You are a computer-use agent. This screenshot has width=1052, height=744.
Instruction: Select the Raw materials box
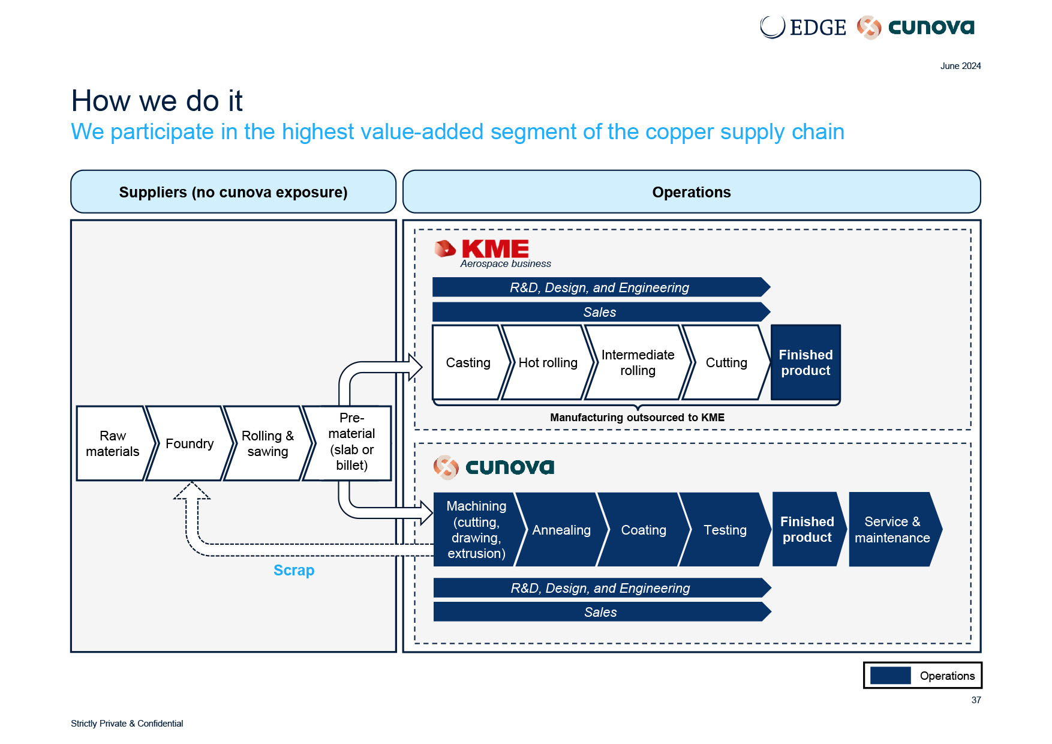point(112,443)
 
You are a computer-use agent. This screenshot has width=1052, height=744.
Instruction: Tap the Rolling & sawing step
point(267,443)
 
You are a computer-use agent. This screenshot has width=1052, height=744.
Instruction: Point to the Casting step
point(468,362)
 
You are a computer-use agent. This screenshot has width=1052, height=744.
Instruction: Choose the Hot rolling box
point(548,362)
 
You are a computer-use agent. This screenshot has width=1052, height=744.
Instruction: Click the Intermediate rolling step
point(638,362)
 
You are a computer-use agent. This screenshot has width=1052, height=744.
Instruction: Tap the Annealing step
point(561,530)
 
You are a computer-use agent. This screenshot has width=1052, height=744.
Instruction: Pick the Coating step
point(644,530)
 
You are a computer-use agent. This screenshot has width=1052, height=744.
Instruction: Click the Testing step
point(725,530)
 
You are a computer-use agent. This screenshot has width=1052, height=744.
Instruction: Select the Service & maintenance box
point(892,530)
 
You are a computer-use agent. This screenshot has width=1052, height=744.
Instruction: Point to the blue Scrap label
point(294,570)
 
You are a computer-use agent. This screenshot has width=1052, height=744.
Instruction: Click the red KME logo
point(482,248)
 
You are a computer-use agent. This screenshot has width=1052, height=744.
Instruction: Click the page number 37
point(976,700)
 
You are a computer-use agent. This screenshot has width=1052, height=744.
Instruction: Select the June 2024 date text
point(960,66)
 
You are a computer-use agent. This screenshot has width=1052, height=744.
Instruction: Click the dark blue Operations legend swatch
point(891,676)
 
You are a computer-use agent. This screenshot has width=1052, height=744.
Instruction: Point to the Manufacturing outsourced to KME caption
point(637,418)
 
